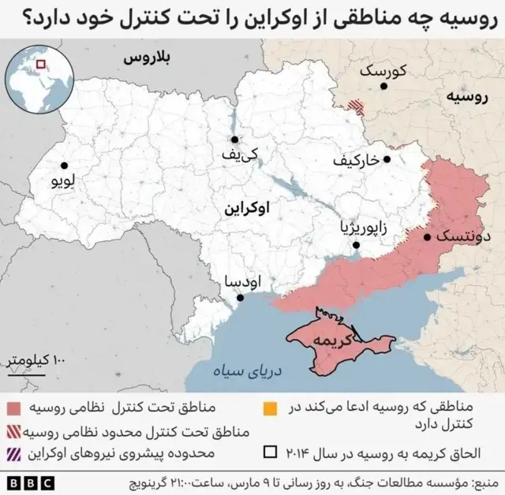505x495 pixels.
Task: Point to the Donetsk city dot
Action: point(427,236)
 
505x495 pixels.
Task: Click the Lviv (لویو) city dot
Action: point(62,166)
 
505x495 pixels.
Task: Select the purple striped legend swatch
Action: point(13,454)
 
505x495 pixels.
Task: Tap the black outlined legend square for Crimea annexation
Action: point(270,454)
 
